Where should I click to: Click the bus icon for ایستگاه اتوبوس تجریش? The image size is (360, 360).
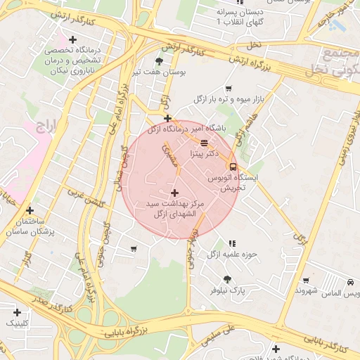point(233,167)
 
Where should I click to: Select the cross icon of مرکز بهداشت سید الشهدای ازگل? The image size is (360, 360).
point(174,192)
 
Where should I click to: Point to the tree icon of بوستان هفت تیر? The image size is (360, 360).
point(158,61)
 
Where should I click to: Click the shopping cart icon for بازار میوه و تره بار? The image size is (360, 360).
point(229,89)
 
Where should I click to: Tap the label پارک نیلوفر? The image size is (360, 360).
point(229,290)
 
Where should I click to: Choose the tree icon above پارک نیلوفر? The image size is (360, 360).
point(227,279)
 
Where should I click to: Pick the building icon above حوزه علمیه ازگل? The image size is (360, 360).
point(232,244)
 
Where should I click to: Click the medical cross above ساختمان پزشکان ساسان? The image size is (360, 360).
point(30,210)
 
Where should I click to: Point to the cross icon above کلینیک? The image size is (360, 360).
point(17,311)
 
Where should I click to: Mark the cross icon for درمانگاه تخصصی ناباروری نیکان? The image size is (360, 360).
point(72,39)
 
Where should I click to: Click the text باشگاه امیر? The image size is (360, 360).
point(210,129)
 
